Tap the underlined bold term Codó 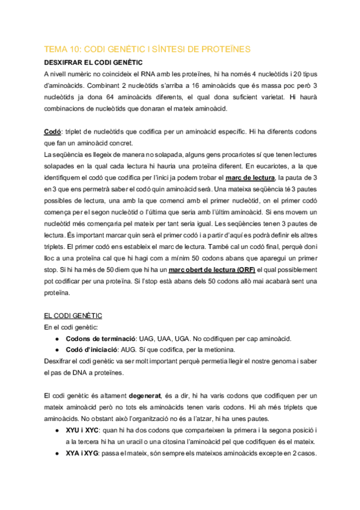point(53,131)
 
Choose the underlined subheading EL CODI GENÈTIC point(73,315)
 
